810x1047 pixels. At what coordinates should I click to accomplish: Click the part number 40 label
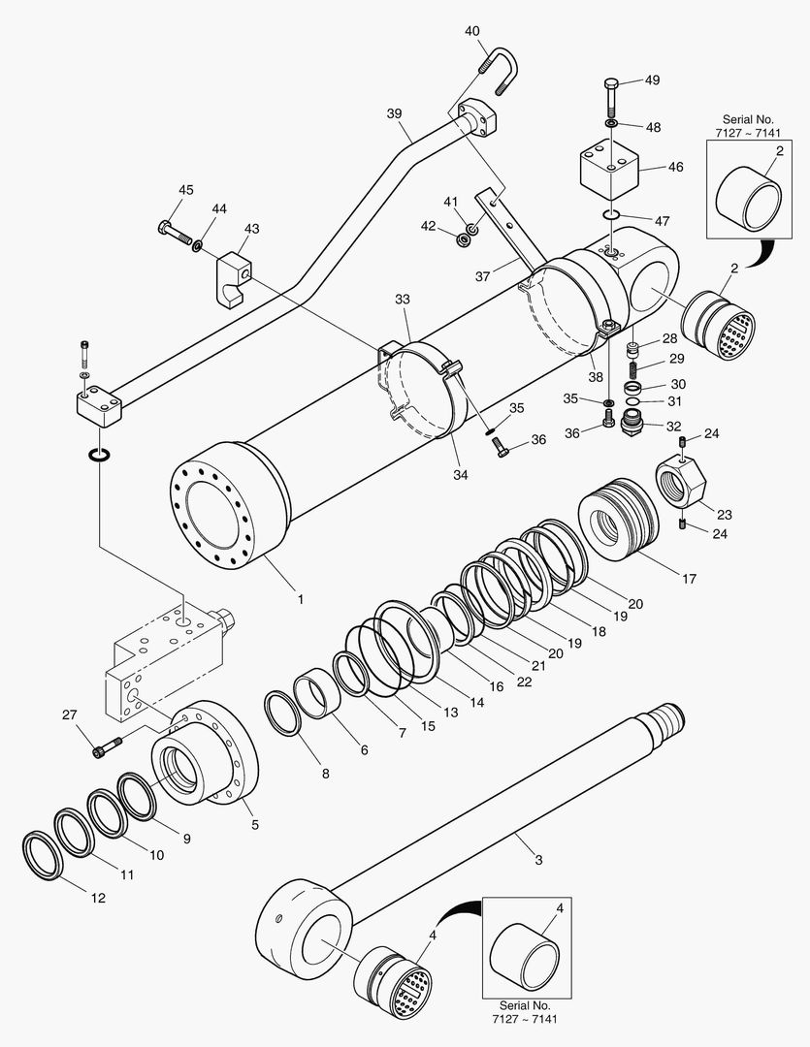coord(472,31)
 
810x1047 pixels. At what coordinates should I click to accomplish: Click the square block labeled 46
coord(608,167)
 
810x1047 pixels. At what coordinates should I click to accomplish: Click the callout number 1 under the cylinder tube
coord(300,599)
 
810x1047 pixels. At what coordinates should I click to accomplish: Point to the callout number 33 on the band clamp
coord(403,300)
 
